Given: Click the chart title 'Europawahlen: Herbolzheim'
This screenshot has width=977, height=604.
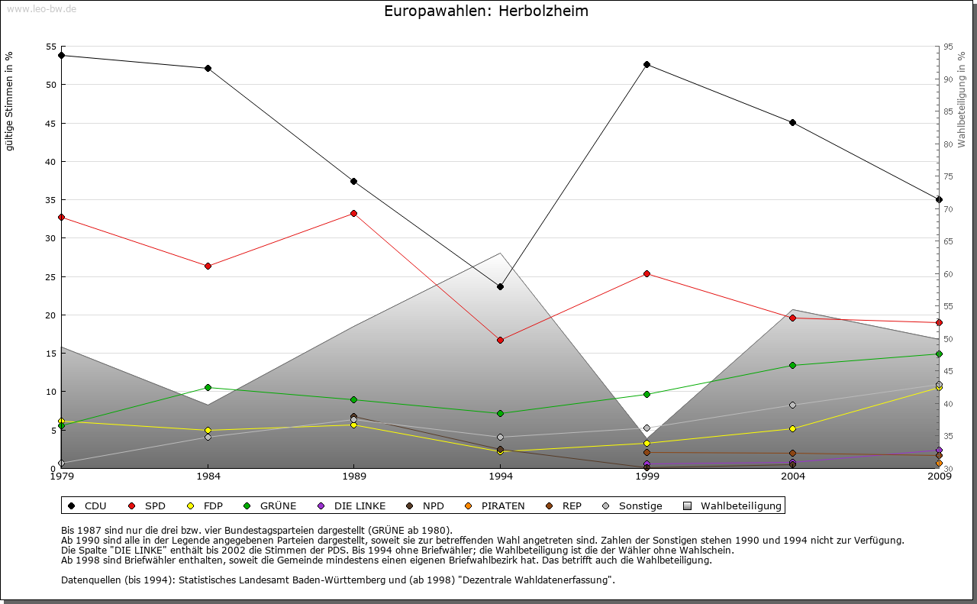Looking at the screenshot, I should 486,11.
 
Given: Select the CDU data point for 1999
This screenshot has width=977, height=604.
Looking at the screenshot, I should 646,64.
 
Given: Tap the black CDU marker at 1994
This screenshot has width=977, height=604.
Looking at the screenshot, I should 500,286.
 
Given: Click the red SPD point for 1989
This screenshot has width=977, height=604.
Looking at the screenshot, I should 353,213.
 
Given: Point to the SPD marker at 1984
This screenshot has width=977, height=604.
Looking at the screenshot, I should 208,266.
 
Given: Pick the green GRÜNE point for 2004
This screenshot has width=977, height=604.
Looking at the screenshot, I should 792,365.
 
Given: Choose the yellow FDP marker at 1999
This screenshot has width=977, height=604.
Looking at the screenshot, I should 646,443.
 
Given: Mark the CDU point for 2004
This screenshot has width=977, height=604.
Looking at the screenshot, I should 792,122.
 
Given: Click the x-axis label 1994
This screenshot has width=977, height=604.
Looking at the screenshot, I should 500,476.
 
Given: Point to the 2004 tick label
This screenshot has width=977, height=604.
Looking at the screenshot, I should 792,476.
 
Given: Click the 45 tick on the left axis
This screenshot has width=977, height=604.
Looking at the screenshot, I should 52,123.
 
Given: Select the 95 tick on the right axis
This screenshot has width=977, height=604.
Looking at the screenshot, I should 948,47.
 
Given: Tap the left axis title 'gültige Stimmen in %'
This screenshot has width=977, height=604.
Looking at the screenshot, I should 10,101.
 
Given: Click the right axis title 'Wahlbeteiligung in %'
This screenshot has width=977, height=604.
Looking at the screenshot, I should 962,100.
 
